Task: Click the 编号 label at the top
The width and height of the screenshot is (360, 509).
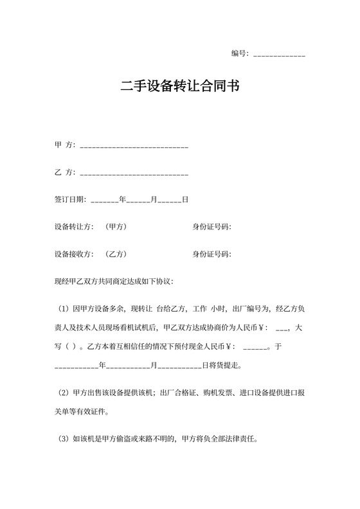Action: click(239, 53)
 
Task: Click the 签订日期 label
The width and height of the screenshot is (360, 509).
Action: click(70, 200)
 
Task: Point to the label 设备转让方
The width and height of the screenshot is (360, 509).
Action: click(74, 227)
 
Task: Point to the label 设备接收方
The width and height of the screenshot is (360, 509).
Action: click(74, 254)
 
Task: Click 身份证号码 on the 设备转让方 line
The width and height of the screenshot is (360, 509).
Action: click(212, 227)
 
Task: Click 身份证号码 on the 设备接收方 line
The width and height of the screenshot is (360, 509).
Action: click(212, 254)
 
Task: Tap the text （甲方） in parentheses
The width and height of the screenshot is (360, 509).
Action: click(115, 227)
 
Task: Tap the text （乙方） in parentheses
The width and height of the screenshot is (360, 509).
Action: click(115, 254)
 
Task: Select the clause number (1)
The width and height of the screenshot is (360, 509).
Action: click(63, 308)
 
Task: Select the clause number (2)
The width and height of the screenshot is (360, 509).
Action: click(63, 392)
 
